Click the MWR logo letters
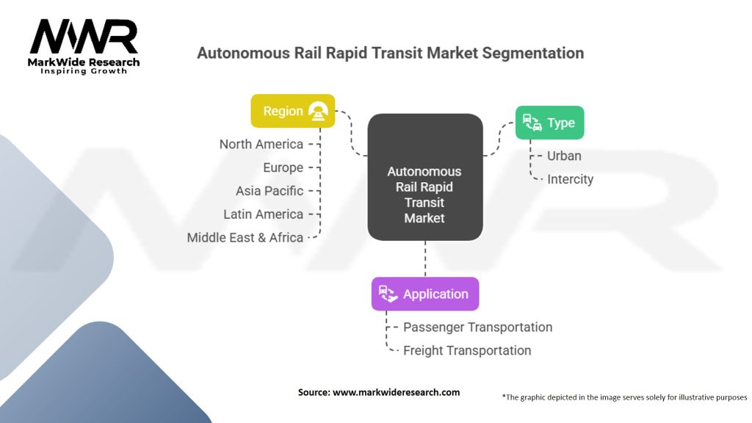point(84,36)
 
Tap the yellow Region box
point(293,111)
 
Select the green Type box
point(549,123)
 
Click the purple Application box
point(425,294)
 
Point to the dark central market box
point(424,177)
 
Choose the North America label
point(261,144)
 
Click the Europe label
point(283,167)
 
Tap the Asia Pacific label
point(269,191)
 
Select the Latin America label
point(263,214)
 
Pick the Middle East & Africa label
point(245,237)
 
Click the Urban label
point(564,156)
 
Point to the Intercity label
point(570,179)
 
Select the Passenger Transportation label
point(477,327)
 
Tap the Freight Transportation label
point(467,350)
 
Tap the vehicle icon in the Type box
point(532,123)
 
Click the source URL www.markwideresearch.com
point(397,392)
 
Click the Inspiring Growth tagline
point(84,71)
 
